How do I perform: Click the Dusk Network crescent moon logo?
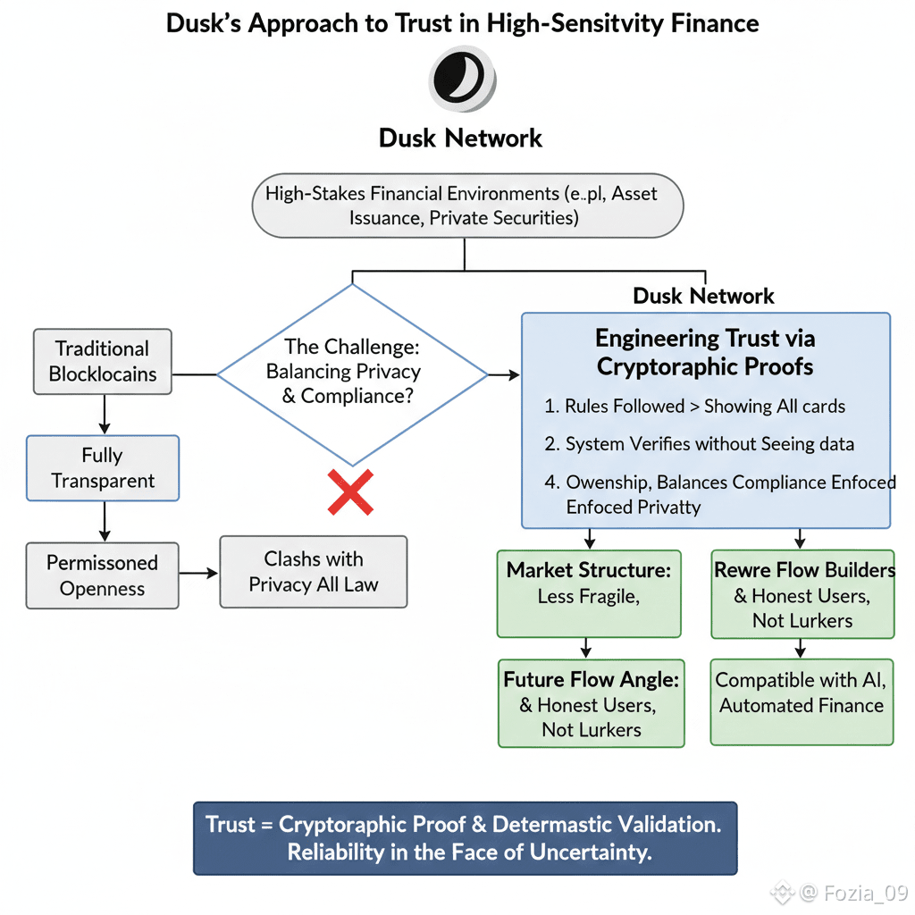[462, 79]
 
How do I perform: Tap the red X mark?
[350, 492]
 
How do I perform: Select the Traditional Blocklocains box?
[102, 361]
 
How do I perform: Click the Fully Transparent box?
[103, 467]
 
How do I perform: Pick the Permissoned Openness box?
[102, 575]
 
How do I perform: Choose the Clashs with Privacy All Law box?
[313, 572]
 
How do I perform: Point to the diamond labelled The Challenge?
[352, 373]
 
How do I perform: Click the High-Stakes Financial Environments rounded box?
[467, 206]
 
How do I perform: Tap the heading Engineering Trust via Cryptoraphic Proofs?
[705, 352]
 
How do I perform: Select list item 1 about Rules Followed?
[695, 406]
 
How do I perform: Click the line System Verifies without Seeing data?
[700, 444]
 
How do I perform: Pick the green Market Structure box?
[588, 593]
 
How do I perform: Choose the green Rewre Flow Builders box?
[802, 594]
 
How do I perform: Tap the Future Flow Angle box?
[591, 704]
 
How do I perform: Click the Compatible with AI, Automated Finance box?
[802, 693]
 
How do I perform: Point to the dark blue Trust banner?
[465, 837]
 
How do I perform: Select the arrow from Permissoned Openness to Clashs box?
[199, 572]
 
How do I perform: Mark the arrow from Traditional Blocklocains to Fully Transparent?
[105, 415]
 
